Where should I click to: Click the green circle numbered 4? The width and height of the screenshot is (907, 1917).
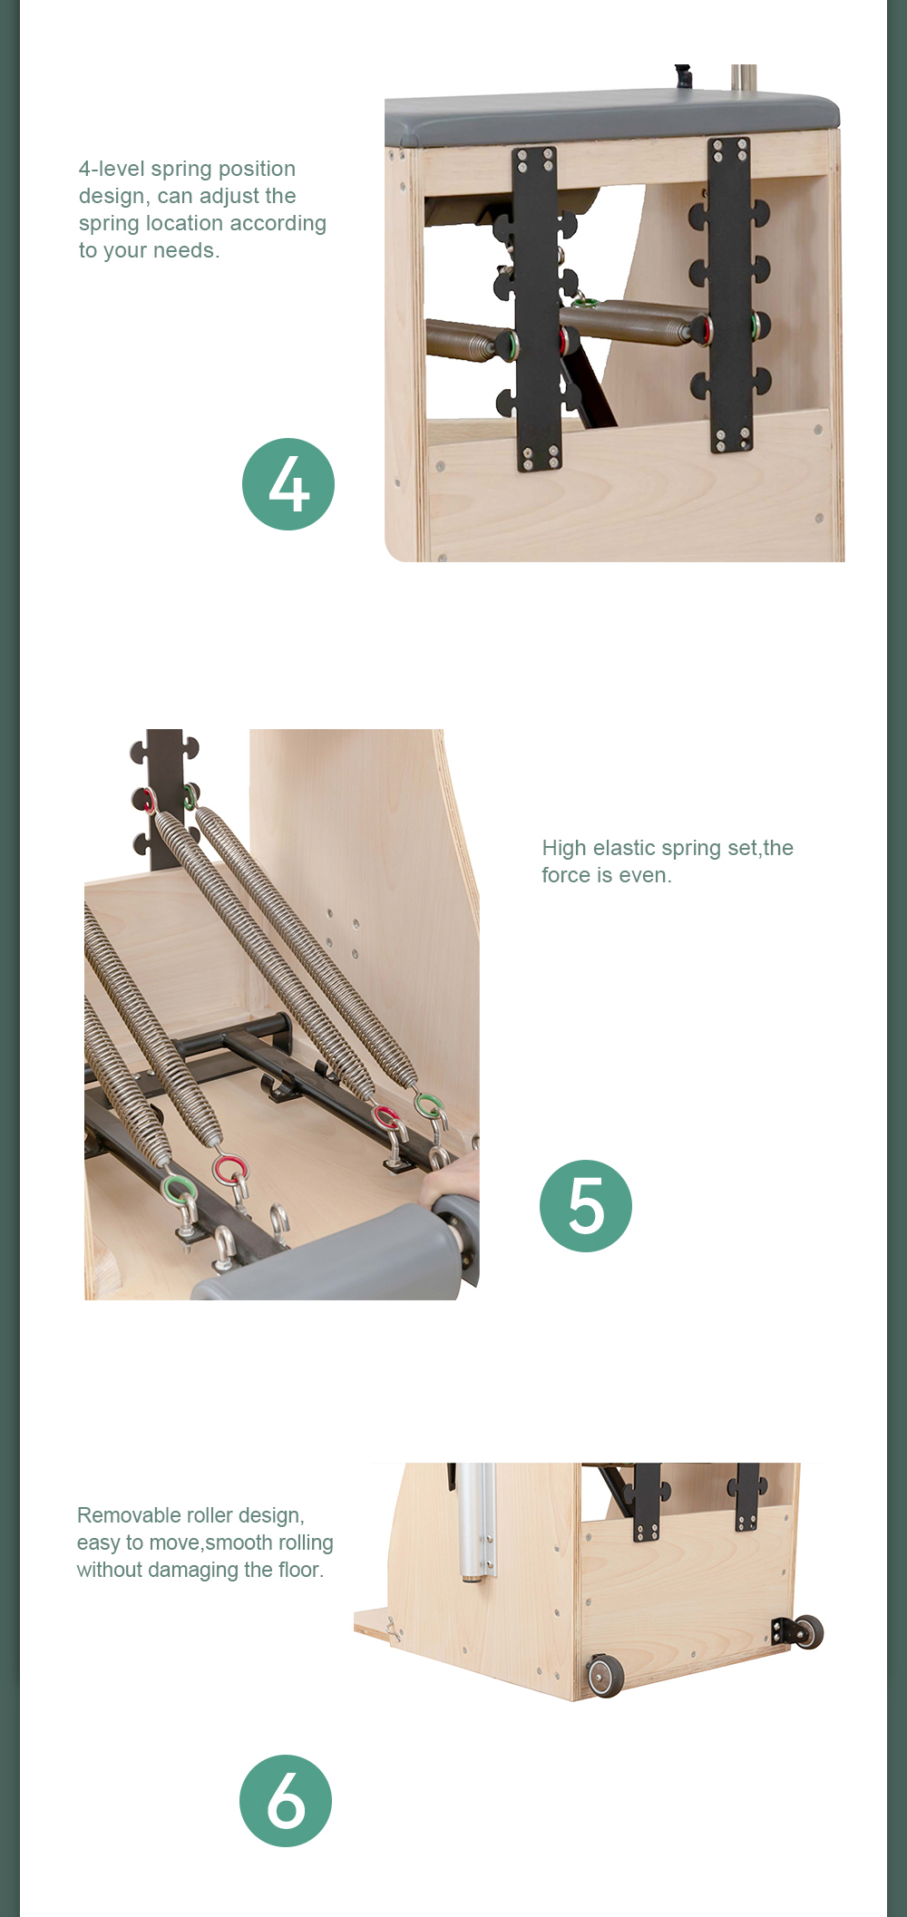[x=288, y=484]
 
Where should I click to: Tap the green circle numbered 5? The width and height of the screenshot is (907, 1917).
[x=586, y=1206]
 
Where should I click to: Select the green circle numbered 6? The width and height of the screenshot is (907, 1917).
[x=286, y=1801]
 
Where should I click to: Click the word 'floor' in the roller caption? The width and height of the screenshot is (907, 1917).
[x=298, y=1570]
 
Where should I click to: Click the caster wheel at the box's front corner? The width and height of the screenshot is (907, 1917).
[x=605, y=1676]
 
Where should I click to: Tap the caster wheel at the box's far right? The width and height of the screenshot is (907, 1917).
[x=807, y=1631]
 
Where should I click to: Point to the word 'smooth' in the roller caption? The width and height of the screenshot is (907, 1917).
[x=239, y=1542]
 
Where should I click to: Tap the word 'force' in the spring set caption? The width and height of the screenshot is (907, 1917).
[x=566, y=876]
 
